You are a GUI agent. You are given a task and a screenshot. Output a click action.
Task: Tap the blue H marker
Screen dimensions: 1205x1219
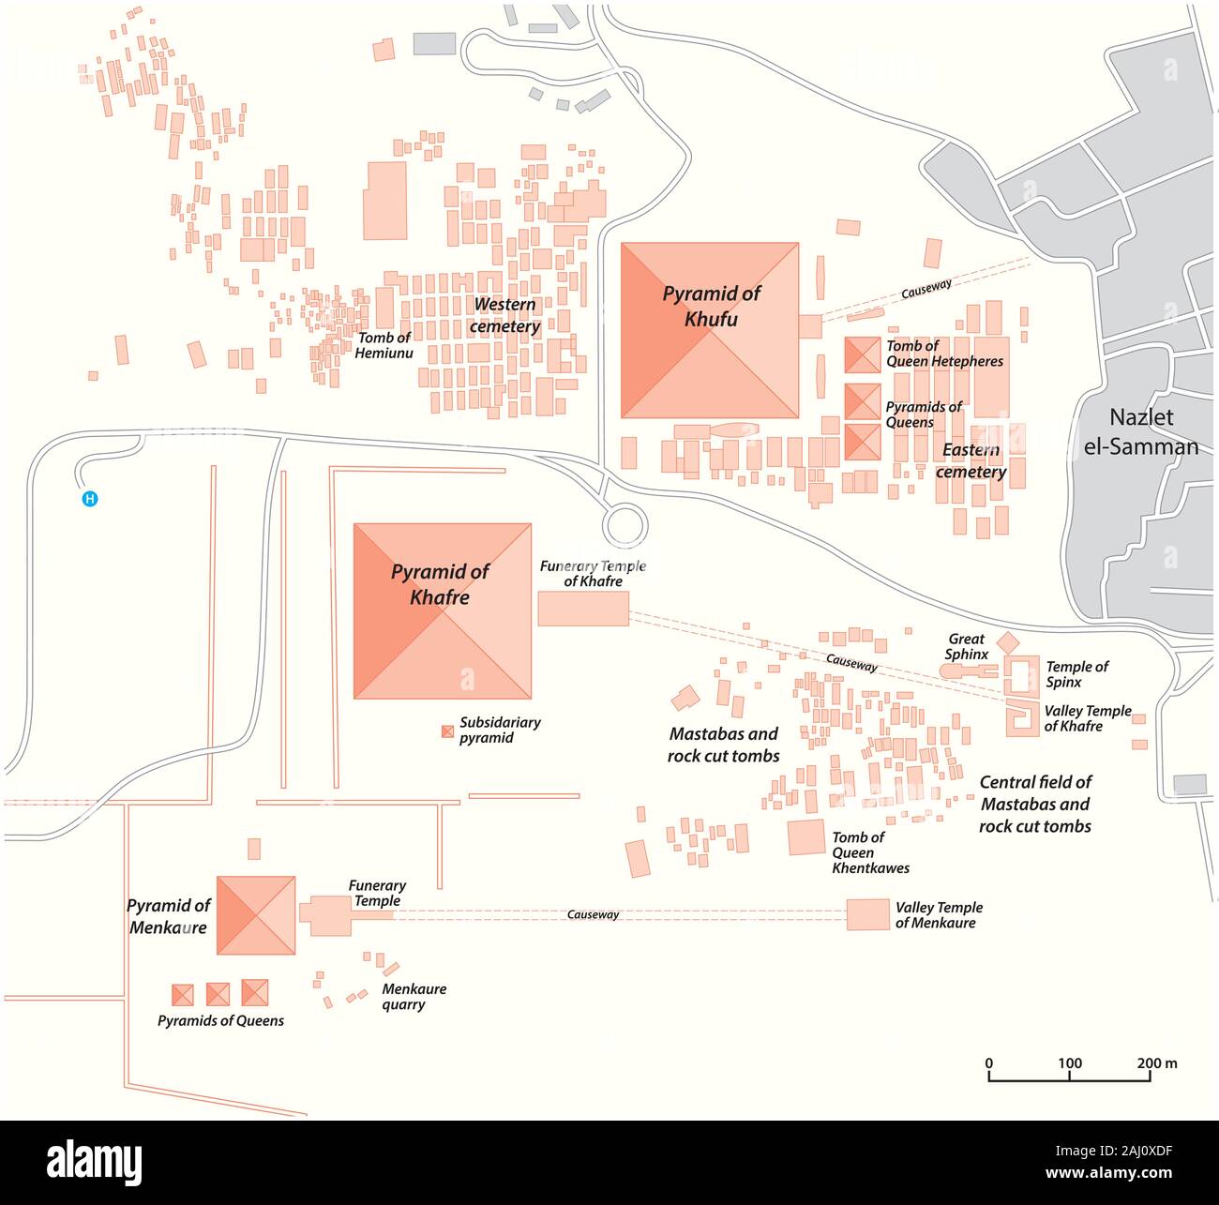coord(90,499)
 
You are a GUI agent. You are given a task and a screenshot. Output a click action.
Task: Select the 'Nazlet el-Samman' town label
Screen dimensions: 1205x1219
coord(1140,431)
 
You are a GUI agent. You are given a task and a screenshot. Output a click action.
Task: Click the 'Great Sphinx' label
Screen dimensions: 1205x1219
coord(966,646)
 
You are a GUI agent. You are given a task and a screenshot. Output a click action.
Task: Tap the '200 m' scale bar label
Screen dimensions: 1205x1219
coord(1157,1063)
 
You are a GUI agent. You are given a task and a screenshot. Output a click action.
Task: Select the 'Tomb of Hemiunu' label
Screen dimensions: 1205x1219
coord(384,345)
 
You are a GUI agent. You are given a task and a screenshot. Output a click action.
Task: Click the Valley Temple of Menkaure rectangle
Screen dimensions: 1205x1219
coord(866,914)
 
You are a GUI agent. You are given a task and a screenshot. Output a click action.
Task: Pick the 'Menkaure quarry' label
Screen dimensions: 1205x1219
coord(414,997)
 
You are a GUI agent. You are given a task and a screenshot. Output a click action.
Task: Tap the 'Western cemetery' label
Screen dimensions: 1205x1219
coord(504,315)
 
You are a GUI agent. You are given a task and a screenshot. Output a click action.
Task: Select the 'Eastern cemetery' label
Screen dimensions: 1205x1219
coord(971,460)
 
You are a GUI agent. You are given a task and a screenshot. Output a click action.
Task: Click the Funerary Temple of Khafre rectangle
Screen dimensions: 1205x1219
coord(582,609)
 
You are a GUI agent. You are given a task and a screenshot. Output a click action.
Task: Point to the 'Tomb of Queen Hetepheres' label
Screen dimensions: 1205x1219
coord(944,354)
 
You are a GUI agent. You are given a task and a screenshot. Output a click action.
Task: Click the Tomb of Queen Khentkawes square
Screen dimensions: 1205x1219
coord(805,837)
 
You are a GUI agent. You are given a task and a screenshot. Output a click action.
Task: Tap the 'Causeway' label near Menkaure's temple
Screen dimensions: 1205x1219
coord(593,914)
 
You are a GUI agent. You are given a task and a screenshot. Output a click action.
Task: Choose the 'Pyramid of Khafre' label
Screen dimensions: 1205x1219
coord(440,584)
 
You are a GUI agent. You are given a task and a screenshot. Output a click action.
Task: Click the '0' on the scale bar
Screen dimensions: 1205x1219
coord(989,1063)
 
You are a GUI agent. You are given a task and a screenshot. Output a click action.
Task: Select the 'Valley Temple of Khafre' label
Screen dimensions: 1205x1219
coord(1087,718)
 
